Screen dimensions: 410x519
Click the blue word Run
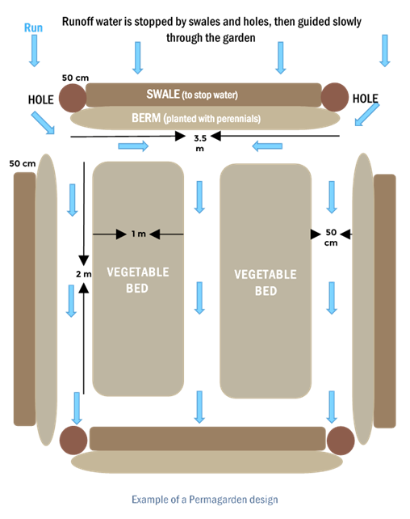click(x=33, y=27)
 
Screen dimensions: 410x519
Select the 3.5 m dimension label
click(x=200, y=143)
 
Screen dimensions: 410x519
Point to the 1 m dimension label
click(x=139, y=234)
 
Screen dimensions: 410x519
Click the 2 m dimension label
click(x=84, y=274)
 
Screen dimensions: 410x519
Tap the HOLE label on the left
click(x=40, y=99)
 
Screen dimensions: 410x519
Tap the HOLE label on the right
click(x=366, y=99)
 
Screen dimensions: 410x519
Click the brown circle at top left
click(x=73, y=98)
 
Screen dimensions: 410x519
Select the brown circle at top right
click(x=335, y=97)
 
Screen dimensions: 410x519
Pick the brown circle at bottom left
click(x=73, y=441)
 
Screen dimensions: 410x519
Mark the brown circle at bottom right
click(x=341, y=441)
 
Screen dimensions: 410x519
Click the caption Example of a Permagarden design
click(x=205, y=500)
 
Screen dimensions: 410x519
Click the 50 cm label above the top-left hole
click(x=75, y=78)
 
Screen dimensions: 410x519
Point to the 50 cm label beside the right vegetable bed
click(x=331, y=238)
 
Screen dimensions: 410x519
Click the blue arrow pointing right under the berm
click(x=133, y=146)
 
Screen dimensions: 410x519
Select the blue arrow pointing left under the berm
click(x=267, y=146)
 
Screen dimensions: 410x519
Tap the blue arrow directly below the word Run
click(x=35, y=51)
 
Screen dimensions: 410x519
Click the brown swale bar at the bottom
click(x=207, y=439)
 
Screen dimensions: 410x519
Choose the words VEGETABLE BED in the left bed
click(x=138, y=281)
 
